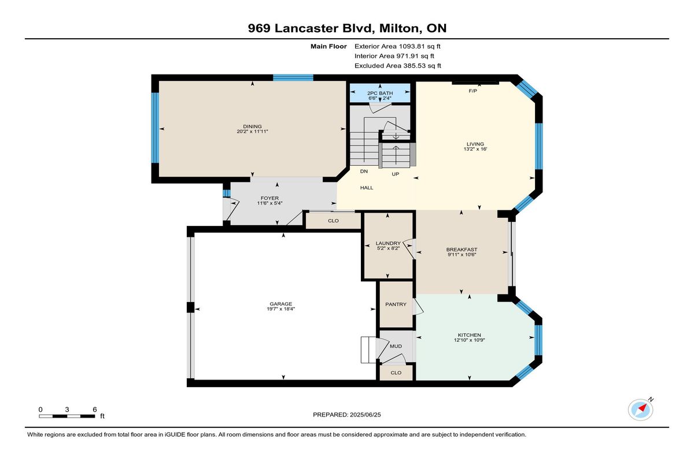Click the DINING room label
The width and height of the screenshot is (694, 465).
252,127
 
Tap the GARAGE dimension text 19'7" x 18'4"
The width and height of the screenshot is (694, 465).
280,309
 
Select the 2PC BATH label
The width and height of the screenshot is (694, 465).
380,93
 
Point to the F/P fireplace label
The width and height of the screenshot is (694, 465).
472,91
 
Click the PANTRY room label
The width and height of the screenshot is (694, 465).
396,304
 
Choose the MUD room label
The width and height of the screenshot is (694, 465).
396,346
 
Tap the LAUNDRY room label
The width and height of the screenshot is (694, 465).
388,243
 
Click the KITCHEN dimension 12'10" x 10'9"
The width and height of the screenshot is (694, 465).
470,340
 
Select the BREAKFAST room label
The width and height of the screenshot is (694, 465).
462,250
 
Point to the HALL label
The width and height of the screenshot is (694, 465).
367,188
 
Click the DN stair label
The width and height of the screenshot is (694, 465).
364,171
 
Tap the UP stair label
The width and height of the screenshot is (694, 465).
396,174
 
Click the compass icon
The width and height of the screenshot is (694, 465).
640,410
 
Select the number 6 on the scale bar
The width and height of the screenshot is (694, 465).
94,410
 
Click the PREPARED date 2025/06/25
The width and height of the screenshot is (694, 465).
366,415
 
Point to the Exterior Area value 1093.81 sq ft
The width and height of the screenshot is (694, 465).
419,46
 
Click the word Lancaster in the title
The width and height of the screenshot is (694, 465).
306,28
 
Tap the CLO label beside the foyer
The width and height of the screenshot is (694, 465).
333,221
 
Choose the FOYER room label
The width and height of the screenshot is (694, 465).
270,198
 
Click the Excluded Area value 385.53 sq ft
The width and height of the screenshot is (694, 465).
422,66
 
